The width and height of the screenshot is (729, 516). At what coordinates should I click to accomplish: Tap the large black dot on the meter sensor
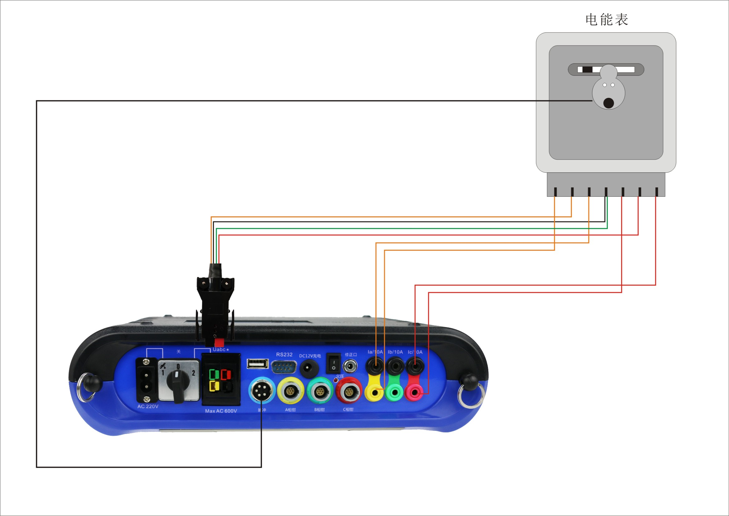(x=608, y=103)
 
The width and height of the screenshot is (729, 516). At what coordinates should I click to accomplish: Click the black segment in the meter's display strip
(x=587, y=70)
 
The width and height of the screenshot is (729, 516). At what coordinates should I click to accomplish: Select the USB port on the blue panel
(x=258, y=364)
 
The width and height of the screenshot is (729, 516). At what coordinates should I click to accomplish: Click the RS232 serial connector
(x=283, y=367)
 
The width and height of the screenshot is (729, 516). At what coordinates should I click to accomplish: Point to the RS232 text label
(x=284, y=354)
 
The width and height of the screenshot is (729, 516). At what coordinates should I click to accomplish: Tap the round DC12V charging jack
(x=307, y=368)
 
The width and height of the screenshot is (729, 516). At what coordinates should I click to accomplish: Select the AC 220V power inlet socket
(x=147, y=381)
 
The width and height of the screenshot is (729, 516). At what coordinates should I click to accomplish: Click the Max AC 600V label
(x=221, y=411)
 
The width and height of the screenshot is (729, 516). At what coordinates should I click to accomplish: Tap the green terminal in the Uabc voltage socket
(x=214, y=374)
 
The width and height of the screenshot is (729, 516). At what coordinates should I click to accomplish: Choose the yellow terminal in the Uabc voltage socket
(x=214, y=386)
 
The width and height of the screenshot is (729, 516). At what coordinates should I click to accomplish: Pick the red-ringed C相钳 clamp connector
(x=349, y=390)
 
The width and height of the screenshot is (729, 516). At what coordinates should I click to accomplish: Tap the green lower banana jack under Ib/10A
(x=395, y=393)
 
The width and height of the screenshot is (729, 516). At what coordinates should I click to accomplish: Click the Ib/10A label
(x=395, y=352)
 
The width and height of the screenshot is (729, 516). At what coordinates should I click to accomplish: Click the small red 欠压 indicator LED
(x=336, y=380)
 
